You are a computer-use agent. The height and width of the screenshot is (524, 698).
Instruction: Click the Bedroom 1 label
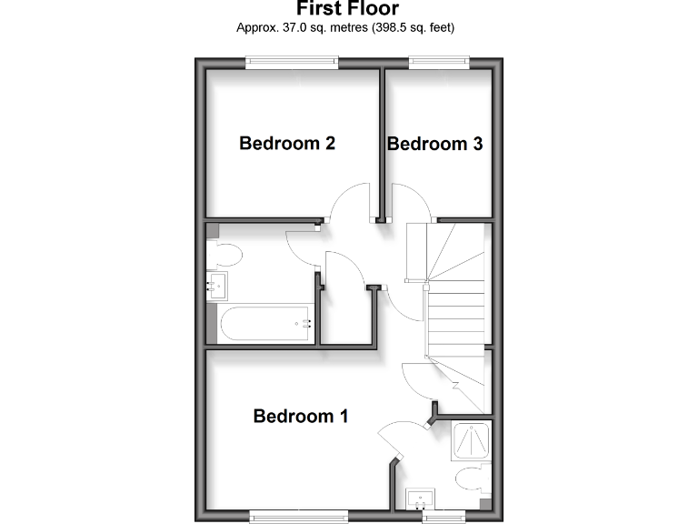(301, 417)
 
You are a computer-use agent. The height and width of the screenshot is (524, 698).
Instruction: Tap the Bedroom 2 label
(287, 143)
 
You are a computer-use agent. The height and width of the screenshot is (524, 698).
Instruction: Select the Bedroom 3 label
(434, 144)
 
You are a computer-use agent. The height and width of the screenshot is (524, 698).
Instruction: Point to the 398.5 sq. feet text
(409, 27)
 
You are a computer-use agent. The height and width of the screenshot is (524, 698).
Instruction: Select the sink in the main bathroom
(217, 287)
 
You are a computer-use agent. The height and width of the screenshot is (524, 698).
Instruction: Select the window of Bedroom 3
(439, 62)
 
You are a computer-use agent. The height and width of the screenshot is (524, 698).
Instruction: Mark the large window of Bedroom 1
(299, 516)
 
